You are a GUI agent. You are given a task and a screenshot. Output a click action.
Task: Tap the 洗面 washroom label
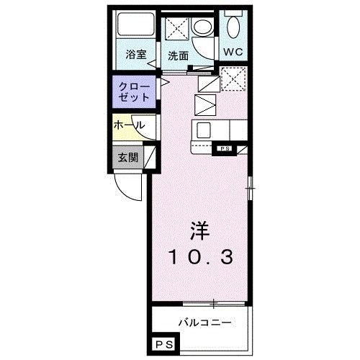(178, 55)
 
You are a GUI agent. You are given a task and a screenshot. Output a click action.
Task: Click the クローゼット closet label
(134, 91)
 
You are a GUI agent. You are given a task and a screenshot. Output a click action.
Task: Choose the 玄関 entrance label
(128, 157)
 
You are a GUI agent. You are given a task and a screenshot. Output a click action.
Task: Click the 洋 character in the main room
(199, 231)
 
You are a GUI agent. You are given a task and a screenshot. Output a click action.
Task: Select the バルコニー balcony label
(204, 321)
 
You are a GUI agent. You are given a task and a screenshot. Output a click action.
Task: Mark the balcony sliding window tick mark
(213, 302)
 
